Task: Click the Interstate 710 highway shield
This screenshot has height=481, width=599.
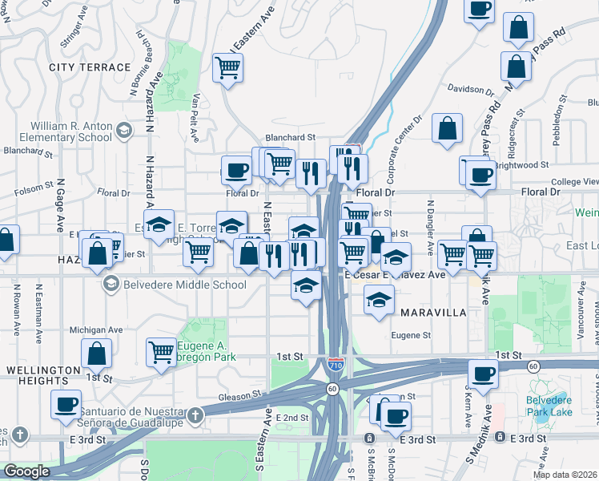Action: pyautogui.click(x=337, y=365)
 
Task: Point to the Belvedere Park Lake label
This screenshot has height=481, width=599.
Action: pyautogui.click(x=553, y=407)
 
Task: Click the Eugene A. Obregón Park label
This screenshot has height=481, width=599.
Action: pyautogui.click(x=207, y=353)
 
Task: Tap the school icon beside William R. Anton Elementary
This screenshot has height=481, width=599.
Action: pyautogui.click(x=124, y=130)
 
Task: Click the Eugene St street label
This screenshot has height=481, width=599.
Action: pyautogui.click(x=411, y=336)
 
